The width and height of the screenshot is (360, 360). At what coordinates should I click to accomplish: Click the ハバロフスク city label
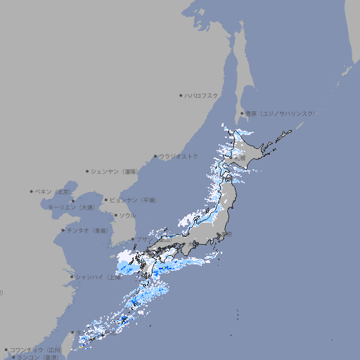202,96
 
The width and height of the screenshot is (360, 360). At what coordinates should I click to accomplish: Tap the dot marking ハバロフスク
181,96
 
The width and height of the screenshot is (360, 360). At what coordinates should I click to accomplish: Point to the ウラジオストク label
179,156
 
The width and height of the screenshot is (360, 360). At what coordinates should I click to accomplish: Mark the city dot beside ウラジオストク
155,157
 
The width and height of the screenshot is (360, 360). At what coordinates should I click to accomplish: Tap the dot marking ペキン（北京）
32,191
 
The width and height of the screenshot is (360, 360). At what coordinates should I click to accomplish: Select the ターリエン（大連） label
71,207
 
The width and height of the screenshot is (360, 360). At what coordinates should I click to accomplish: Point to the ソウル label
127,215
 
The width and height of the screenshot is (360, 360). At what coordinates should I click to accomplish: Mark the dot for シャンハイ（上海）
72,277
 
